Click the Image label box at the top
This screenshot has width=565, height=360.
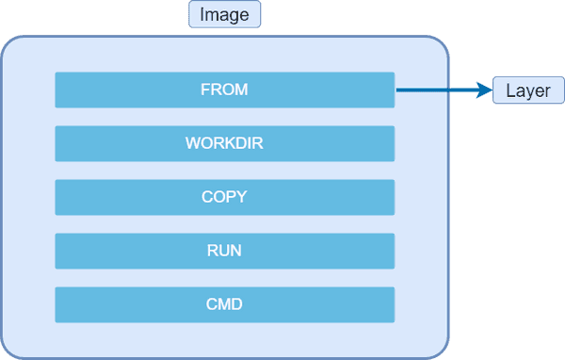(224, 15)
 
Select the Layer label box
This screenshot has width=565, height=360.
(528, 90)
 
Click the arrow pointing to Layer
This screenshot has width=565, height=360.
(443, 90)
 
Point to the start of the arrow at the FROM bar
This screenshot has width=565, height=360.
(398, 90)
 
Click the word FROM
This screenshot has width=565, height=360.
(224, 90)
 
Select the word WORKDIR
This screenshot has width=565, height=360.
(224, 144)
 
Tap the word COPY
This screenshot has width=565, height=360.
(224, 198)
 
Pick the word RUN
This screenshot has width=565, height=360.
(224, 252)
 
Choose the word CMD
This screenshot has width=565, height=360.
(224, 305)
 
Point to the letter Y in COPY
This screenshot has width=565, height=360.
(241, 198)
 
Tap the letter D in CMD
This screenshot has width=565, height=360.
(238, 305)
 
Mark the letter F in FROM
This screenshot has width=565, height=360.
(205, 90)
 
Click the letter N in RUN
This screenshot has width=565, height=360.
(236, 252)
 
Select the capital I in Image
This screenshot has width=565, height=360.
(202, 15)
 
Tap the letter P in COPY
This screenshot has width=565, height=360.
(230, 198)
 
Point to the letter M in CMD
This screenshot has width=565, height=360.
(224, 305)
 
